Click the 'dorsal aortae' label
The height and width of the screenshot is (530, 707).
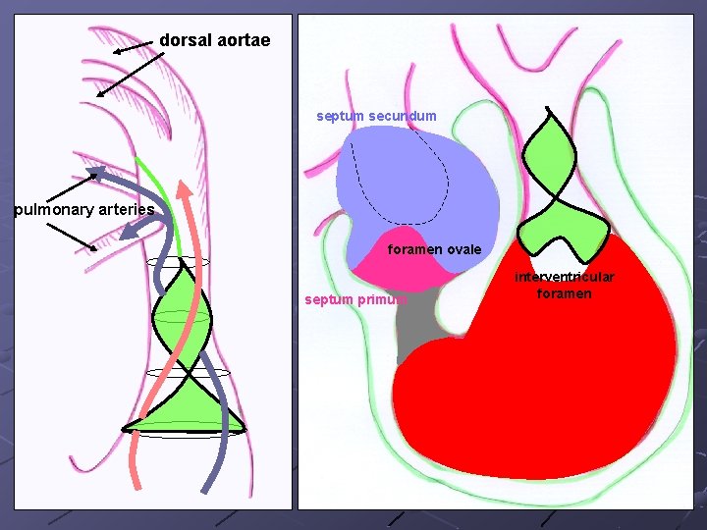[x=214, y=41]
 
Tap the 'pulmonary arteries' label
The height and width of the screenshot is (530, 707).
[x=84, y=209]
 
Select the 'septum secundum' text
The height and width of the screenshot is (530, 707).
[x=376, y=116]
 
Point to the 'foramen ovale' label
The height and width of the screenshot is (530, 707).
[x=434, y=249]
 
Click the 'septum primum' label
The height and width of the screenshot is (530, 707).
[x=354, y=299]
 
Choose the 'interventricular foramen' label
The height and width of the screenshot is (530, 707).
[x=565, y=285]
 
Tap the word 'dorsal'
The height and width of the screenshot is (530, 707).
[x=183, y=41]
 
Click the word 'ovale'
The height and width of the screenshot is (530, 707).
[x=462, y=249]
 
